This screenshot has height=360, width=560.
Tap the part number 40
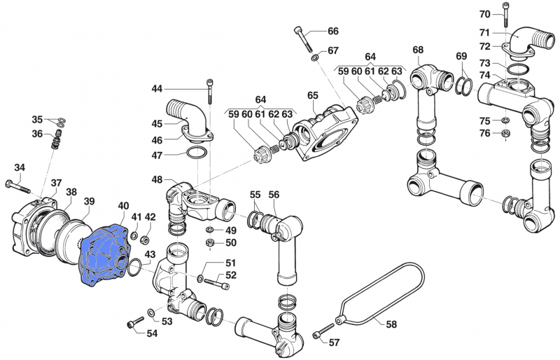[x=123, y=206]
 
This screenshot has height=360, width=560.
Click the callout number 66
[x=332, y=32]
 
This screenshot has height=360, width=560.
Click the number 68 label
[x=418, y=50]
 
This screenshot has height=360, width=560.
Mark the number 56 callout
[x=274, y=195]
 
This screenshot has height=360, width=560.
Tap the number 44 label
[x=157, y=89]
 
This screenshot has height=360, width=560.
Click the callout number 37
[x=56, y=183]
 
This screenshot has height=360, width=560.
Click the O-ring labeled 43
[x=135, y=265]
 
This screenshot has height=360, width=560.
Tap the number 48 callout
[x=157, y=180]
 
